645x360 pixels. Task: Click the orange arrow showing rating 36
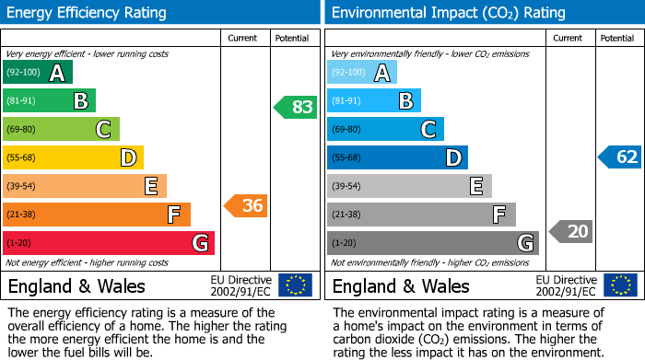(x=246, y=206)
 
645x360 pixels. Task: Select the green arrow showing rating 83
(x=296, y=107)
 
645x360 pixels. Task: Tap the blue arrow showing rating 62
(x=620, y=157)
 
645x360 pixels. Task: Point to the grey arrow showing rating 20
(x=570, y=231)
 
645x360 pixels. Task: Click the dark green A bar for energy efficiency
(x=37, y=73)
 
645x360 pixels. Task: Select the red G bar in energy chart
(x=109, y=243)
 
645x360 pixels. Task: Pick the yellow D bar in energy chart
(x=73, y=157)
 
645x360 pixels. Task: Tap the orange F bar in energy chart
(x=97, y=215)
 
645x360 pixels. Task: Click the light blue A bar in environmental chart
(x=362, y=73)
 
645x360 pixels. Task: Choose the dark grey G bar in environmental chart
(x=433, y=243)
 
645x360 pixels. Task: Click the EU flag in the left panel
(x=295, y=285)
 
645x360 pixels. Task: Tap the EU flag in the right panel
(x=619, y=285)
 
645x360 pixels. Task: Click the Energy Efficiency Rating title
(x=88, y=13)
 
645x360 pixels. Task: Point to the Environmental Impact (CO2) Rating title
(x=448, y=13)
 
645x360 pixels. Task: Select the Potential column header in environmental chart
(x=617, y=38)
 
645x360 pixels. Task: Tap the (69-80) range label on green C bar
(x=22, y=130)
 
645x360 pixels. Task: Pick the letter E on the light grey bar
(x=475, y=186)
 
